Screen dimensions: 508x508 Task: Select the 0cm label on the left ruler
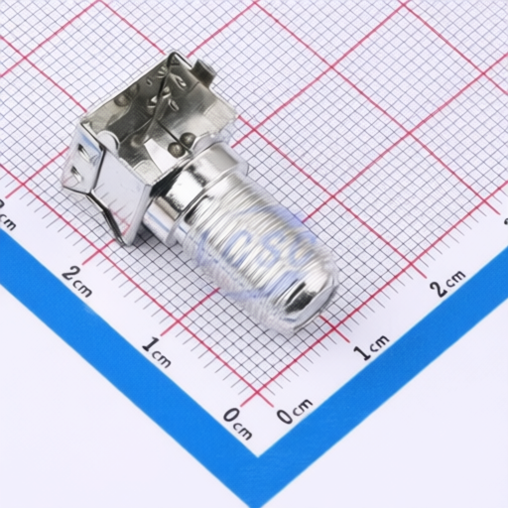[237, 421]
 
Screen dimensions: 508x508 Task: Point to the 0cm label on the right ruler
[294, 411]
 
